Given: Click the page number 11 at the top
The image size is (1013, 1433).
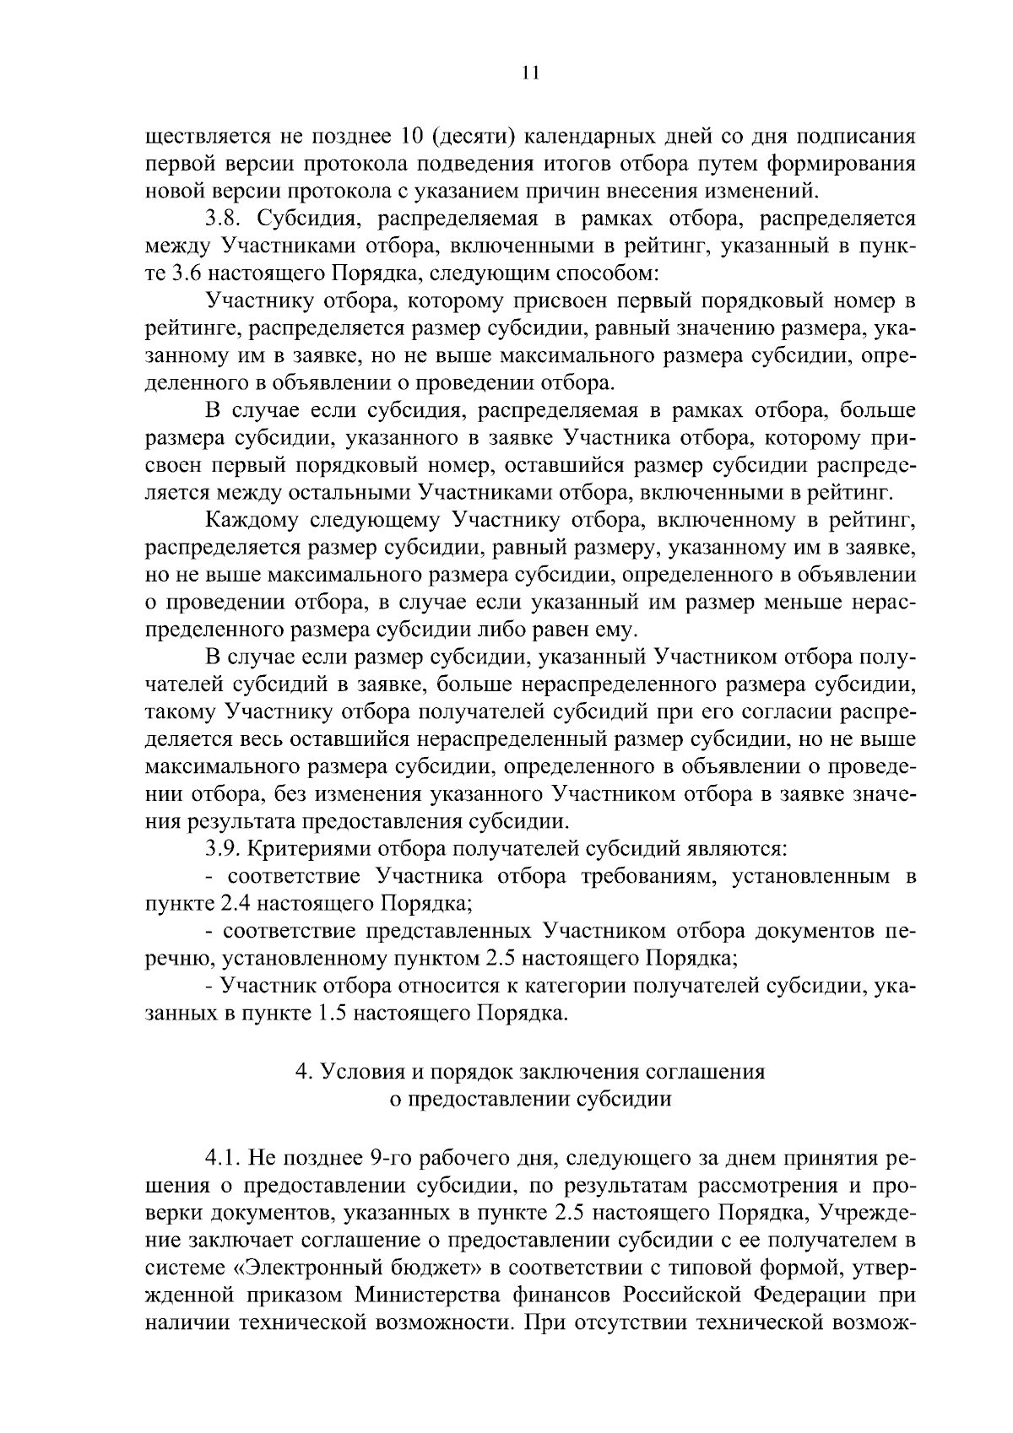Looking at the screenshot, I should (530, 73).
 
